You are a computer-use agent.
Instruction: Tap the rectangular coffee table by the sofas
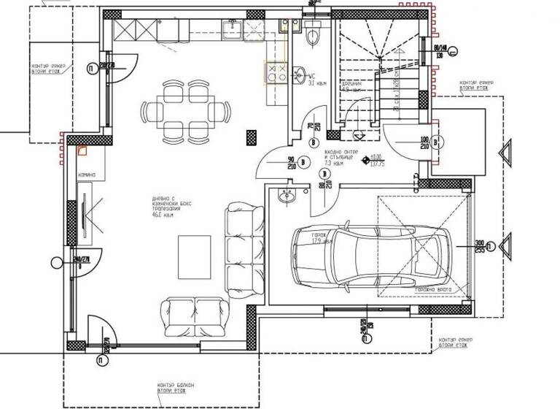pyautogui.click(x=195, y=256)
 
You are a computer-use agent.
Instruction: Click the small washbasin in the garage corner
pyautogui.click(x=285, y=195)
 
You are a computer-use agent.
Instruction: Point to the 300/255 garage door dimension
pyautogui.click(x=479, y=246)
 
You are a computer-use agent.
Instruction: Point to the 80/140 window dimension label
pyautogui.click(x=440, y=51)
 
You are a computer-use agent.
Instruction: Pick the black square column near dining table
pyautogui.click(x=253, y=135)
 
